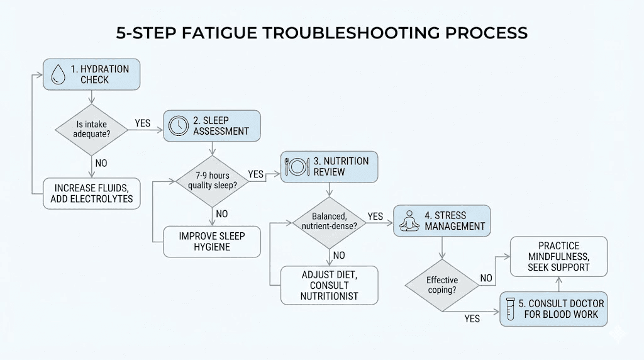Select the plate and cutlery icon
[x=297, y=167]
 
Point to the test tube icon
[x=511, y=308]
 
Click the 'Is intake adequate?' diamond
[x=93, y=128]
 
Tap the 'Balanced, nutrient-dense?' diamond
[x=329, y=221]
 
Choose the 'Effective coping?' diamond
[x=442, y=285]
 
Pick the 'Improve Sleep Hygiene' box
[x=212, y=242]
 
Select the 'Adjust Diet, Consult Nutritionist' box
[x=329, y=284]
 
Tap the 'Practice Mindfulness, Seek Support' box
[x=558, y=257]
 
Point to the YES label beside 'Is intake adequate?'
[x=143, y=123]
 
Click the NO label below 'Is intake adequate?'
[x=101, y=163]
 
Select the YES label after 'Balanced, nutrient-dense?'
[x=375, y=217]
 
